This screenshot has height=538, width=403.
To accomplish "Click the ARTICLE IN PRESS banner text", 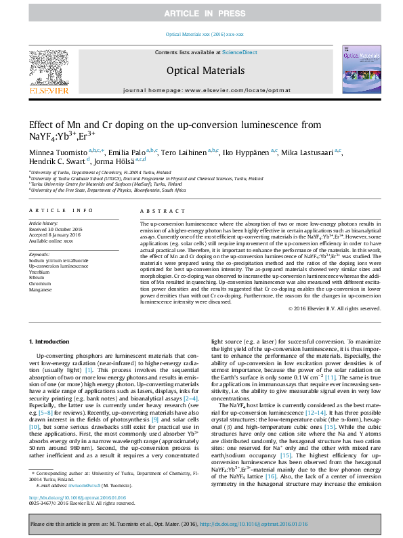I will (201, 14).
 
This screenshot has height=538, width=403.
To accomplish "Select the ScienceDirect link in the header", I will (240, 52).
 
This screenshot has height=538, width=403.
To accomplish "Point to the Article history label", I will (43, 223).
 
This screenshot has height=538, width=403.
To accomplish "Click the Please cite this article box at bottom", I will (201, 524).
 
